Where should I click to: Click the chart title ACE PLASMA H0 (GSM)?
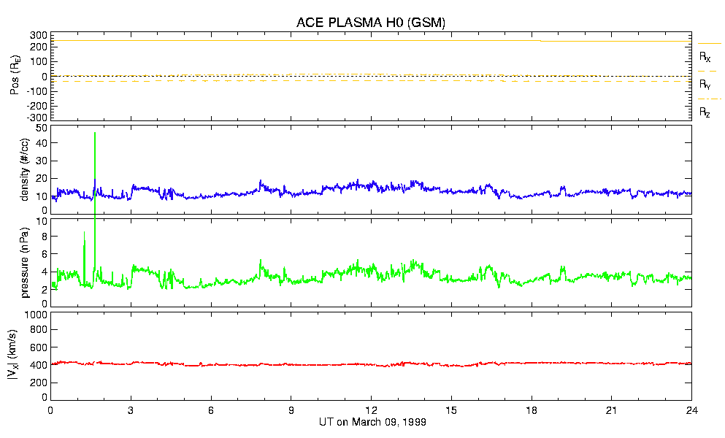(x=370, y=23)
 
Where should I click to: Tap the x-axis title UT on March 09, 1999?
(x=372, y=422)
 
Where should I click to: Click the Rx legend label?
(x=705, y=56)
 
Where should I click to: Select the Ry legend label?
(x=705, y=85)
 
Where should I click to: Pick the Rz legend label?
(x=705, y=112)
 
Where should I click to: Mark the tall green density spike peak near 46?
(x=95, y=134)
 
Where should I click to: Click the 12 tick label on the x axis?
(x=372, y=411)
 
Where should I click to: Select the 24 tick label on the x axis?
(x=692, y=411)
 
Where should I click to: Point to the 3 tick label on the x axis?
(x=131, y=411)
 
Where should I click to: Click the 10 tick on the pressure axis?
(x=41, y=221)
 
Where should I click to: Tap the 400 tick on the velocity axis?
(x=38, y=365)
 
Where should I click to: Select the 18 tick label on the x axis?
(x=532, y=411)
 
